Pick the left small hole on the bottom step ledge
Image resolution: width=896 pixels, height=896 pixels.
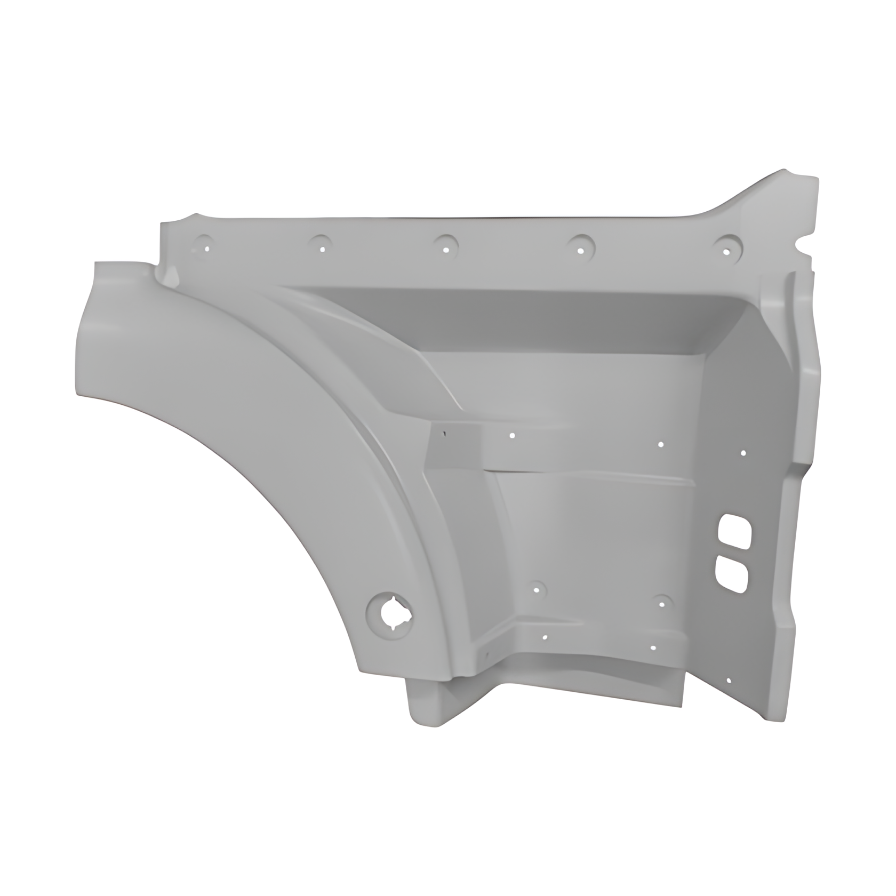[545, 637]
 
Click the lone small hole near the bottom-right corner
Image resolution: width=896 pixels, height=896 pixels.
[728, 680]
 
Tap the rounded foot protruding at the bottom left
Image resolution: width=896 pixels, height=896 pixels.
[427, 704]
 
